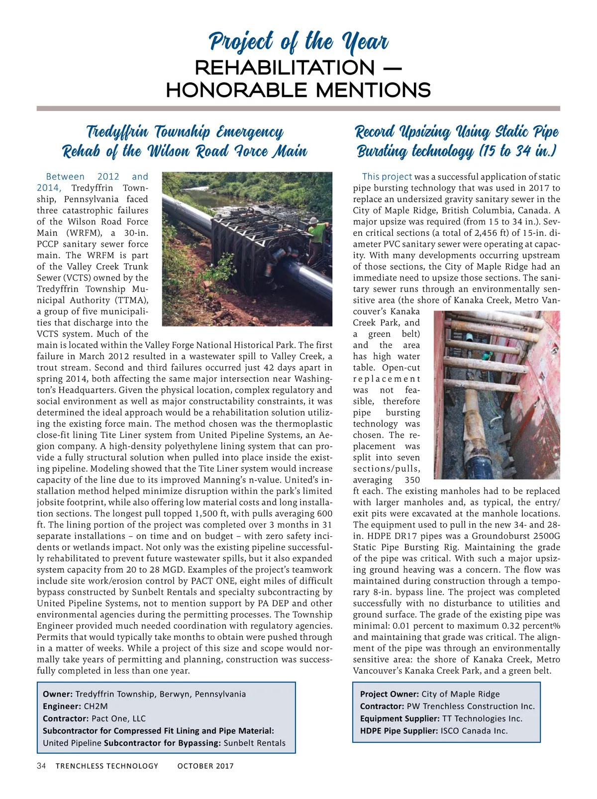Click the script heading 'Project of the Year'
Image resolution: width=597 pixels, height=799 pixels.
298,42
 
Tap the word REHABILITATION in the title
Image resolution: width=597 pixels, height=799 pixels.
285,68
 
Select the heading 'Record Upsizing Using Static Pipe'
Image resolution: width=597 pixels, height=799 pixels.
457,132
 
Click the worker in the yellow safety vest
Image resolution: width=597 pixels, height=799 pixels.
316,233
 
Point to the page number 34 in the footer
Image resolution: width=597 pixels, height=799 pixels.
41,766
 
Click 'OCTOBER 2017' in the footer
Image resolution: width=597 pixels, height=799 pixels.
205,766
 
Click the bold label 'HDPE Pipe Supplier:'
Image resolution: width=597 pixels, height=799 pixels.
399,731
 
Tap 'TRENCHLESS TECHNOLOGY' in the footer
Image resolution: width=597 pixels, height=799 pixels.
107,766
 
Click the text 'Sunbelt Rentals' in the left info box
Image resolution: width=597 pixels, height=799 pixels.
255,743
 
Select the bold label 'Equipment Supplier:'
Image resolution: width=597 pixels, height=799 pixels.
399,718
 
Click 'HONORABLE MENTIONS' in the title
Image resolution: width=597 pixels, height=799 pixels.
298,91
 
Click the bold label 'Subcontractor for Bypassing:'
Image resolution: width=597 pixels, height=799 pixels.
162,743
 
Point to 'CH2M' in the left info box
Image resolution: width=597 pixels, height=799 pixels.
96,706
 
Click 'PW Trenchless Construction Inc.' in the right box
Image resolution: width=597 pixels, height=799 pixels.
471,706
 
